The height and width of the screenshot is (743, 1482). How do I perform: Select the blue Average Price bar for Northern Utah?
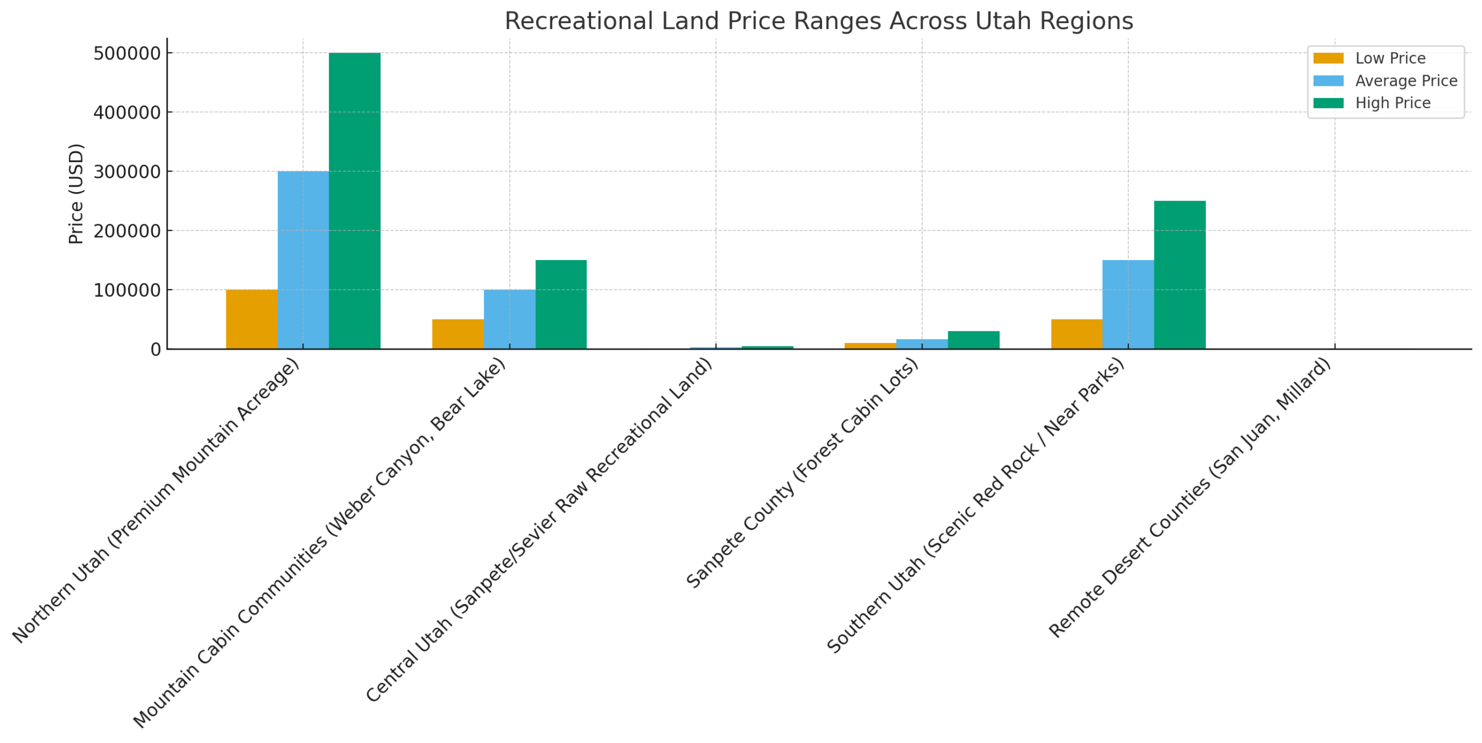[x=303, y=259]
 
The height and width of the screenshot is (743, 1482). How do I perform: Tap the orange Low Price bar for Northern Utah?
[x=251, y=319]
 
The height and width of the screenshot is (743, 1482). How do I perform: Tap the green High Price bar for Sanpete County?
[x=973, y=339]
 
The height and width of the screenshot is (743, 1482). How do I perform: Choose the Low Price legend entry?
[x=1389, y=58]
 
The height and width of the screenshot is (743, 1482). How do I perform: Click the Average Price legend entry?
[x=1405, y=80]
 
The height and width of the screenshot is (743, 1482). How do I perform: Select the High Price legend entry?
[x=1392, y=103]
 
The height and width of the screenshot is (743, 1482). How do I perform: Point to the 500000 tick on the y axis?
[x=127, y=53]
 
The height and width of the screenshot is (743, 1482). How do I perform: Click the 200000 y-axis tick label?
[x=127, y=230]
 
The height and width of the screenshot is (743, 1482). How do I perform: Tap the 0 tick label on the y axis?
[x=155, y=349]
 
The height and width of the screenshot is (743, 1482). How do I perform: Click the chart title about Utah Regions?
[x=818, y=21]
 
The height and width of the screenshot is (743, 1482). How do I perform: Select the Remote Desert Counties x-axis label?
[x=1190, y=498]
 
